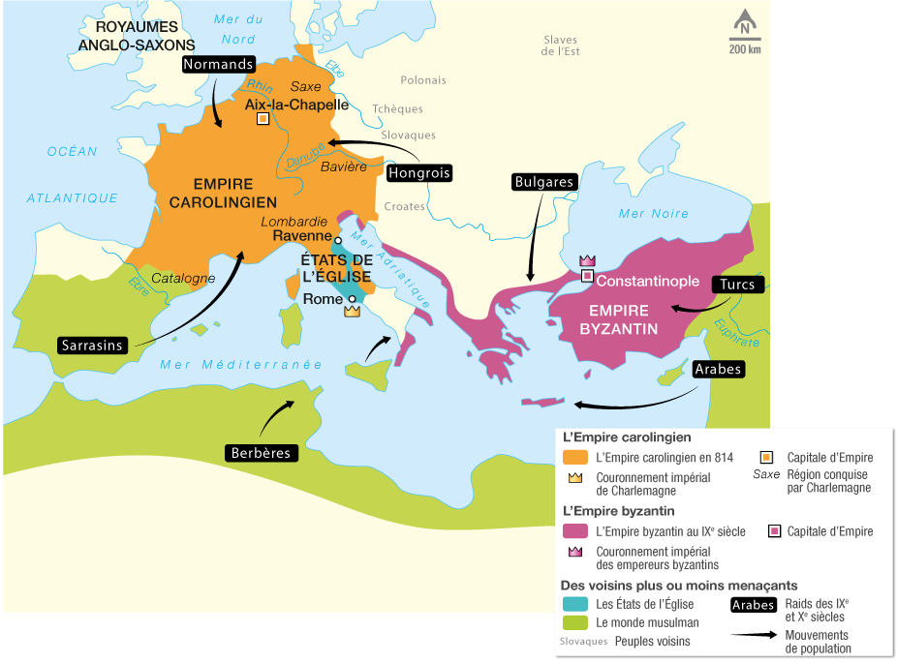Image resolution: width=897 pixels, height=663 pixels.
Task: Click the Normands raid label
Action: coord(218,65)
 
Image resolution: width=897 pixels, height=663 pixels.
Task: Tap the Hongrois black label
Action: coord(419,173)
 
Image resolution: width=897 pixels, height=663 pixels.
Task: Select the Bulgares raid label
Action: coord(545,181)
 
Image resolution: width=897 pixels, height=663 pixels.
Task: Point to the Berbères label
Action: coord(260,452)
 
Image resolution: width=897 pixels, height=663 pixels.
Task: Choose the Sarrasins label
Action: coord(92,345)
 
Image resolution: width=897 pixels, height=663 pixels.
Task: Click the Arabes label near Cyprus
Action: coord(718,369)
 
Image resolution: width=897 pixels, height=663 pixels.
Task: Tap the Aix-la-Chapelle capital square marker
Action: coord(263,119)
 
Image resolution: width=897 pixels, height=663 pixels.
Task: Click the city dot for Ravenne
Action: coord(338,240)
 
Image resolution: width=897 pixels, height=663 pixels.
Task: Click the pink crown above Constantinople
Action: coord(586,260)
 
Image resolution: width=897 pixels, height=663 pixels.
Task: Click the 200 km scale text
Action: coord(744,49)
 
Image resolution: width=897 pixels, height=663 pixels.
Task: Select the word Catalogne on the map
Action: coord(183,279)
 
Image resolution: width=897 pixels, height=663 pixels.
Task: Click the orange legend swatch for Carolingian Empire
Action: coord(575,457)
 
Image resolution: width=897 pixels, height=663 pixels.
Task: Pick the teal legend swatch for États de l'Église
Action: coord(575,604)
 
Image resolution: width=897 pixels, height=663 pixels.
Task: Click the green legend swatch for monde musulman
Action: coord(575,622)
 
